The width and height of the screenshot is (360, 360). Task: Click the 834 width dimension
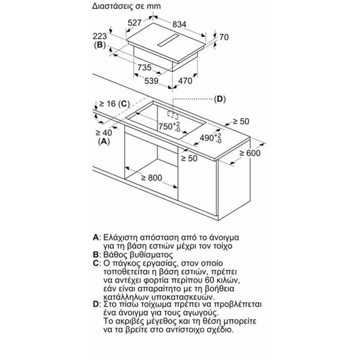click(179, 24)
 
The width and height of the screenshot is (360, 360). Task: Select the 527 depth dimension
click(134, 22)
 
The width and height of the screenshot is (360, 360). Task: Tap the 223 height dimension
click(100, 36)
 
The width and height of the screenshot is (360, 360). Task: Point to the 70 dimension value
click(224, 37)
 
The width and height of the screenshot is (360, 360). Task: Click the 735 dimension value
click(145, 67)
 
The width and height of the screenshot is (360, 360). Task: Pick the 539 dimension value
click(151, 81)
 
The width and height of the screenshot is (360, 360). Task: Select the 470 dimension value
click(185, 81)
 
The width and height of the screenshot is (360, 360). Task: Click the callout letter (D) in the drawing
click(220, 99)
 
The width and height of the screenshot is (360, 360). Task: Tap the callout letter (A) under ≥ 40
click(104, 141)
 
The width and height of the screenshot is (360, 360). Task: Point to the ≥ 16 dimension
click(107, 104)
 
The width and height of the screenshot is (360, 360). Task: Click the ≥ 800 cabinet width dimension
click(152, 177)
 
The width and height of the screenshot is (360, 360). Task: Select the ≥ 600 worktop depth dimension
click(250, 153)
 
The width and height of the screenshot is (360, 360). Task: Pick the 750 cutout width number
click(166, 127)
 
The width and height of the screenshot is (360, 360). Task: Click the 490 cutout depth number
click(207, 138)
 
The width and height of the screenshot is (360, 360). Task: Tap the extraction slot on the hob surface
click(168, 40)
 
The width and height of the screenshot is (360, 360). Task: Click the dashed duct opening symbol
click(172, 114)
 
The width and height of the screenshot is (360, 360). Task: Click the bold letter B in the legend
click(96, 255)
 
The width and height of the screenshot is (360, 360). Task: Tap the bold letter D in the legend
click(96, 305)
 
